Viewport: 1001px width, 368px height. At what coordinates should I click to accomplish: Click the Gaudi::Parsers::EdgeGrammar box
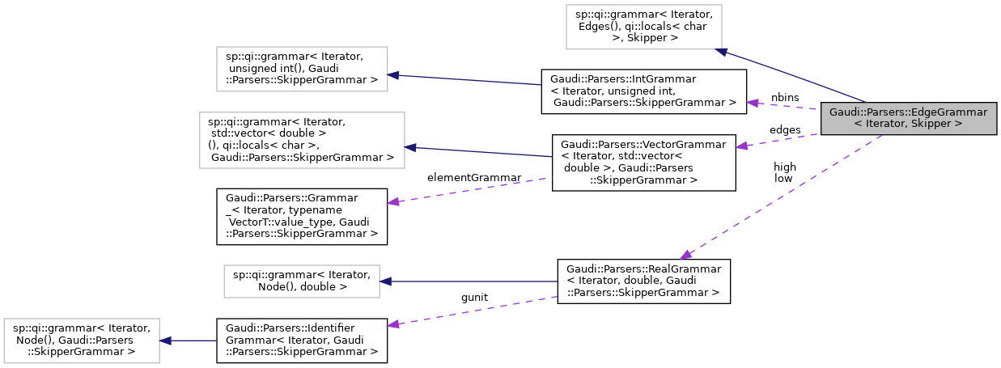[x=908, y=118]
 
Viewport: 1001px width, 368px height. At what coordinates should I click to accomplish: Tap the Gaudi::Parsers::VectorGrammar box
[x=643, y=163]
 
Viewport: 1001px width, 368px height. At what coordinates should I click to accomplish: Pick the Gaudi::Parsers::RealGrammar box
[x=643, y=281]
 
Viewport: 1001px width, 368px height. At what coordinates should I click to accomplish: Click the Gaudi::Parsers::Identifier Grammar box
[x=301, y=340]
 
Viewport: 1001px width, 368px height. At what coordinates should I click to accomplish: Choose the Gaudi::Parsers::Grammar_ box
[x=301, y=216]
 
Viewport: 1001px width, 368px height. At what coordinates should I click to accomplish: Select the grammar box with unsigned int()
[x=302, y=68]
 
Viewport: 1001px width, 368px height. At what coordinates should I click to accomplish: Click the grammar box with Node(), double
[x=302, y=281]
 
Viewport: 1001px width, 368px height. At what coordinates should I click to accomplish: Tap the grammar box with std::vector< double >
[x=302, y=140]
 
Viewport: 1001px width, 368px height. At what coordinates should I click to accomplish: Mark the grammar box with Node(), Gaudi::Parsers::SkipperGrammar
[x=82, y=340]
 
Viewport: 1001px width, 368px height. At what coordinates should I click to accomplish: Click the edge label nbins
[x=784, y=97]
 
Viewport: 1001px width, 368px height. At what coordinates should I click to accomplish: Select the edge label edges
[x=783, y=129]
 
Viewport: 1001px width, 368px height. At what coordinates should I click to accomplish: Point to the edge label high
[x=784, y=167]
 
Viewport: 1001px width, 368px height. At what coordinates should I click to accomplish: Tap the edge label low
[x=783, y=178]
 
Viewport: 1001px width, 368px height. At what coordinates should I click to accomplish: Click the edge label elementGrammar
[x=473, y=177]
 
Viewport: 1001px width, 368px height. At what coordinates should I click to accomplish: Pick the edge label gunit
[x=473, y=298]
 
